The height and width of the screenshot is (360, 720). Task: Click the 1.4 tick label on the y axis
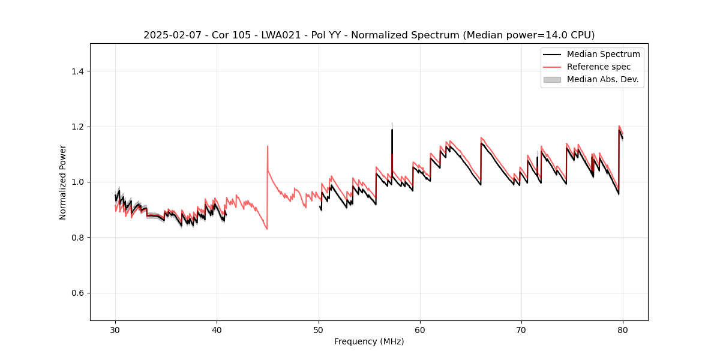pyautogui.click(x=78, y=71)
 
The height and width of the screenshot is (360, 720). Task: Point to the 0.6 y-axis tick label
pyautogui.click(x=78, y=293)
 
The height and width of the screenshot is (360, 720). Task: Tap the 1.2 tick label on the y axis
pyautogui.click(x=78, y=127)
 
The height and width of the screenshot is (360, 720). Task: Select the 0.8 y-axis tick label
pyautogui.click(x=78, y=238)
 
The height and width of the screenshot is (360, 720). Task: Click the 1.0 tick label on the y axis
pyautogui.click(x=78, y=182)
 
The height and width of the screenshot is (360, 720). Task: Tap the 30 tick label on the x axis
pyautogui.click(x=115, y=330)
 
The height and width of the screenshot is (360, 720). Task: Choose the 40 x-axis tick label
pyautogui.click(x=217, y=330)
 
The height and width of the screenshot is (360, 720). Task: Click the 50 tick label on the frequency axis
pyautogui.click(x=319, y=330)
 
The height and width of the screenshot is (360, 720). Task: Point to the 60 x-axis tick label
pyautogui.click(x=420, y=330)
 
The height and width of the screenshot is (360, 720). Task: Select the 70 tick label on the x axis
pyautogui.click(x=521, y=330)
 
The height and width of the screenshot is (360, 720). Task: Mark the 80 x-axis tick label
pyautogui.click(x=623, y=330)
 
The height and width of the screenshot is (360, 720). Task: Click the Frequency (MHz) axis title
pyautogui.click(x=369, y=341)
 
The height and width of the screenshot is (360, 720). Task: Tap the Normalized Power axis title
pyautogui.click(x=63, y=182)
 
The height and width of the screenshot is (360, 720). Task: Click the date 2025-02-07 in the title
pyautogui.click(x=169, y=35)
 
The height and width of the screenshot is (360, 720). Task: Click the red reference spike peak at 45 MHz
pyautogui.click(x=268, y=146)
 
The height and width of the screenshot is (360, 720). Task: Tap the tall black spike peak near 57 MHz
pyautogui.click(x=392, y=129)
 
